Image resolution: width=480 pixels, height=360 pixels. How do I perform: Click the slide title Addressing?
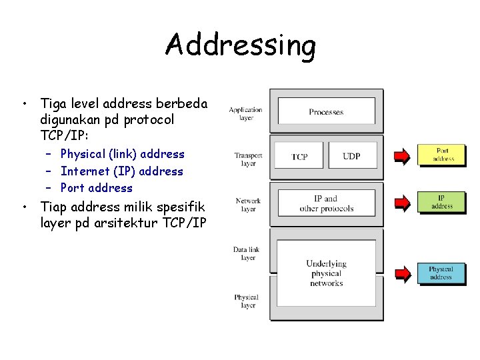pyautogui.click(x=240, y=45)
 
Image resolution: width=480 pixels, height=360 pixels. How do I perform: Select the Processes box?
pyautogui.click(x=326, y=111)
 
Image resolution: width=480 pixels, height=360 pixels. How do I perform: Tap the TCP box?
pyautogui.click(x=299, y=156)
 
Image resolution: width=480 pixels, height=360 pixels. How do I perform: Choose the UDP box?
pyautogui.click(x=351, y=156)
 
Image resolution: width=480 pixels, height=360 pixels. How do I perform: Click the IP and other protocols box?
pyautogui.click(x=326, y=203)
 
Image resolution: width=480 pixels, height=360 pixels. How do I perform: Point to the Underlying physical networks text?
pyautogui.click(x=326, y=273)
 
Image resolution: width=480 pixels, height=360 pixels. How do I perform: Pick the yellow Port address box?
pyautogui.click(x=442, y=155)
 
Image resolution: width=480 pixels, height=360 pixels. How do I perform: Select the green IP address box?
pyautogui.click(x=442, y=202)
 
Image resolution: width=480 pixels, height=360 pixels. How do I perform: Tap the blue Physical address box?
pyautogui.click(x=441, y=273)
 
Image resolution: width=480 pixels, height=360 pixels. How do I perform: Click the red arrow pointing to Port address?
pyautogui.click(x=402, y=157)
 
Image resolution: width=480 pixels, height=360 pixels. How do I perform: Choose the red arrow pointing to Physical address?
pyautogui.click(x=402, y=273)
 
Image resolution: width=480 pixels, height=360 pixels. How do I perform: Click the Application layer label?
pyautogui.click(x=246, y=113)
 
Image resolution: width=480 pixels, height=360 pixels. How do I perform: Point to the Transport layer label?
pyautogui.click(x=248, y=159)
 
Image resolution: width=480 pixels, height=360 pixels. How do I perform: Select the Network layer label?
pyautogui.click(x=248, y=205)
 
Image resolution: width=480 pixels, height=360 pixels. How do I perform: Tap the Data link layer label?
pyautogui.click(x=247, y=253)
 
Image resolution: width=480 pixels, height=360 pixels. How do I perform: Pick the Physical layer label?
pyautogui.click(x=247, y=301)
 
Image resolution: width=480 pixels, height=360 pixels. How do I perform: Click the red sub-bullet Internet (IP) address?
pyautogui.click(x=121, y=171)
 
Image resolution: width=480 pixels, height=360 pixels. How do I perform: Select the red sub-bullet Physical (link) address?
pyautogui.click(x=122, y=154)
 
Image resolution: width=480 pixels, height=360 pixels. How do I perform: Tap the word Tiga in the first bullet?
pyautogui.click(x=54, y=103)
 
